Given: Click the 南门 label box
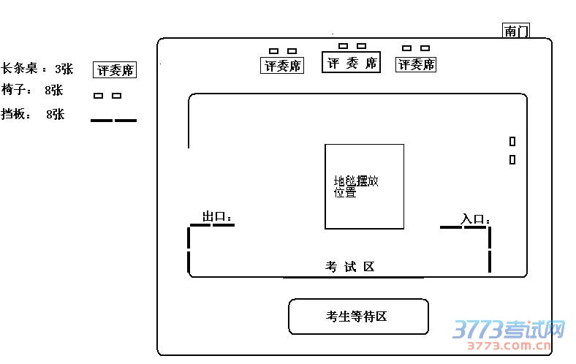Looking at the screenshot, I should [516, 31].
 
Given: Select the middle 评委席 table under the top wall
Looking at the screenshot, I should [352, 63].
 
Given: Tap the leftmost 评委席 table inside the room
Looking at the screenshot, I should [282, 65].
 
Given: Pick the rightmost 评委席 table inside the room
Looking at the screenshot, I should [416, 64].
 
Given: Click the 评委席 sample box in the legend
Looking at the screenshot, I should [115, 70].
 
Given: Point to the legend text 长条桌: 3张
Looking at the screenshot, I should [37, 69].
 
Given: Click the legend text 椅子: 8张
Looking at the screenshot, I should [32, 91].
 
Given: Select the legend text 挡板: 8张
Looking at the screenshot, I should [33, 114].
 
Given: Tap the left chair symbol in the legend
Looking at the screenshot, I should [98, 96].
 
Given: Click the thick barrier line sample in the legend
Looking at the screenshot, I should [113, 120].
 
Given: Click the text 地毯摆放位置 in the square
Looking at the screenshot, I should [356, 186].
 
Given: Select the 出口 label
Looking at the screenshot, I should [217, 217].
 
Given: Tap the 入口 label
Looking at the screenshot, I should [475, 219].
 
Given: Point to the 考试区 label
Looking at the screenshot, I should [350, 267].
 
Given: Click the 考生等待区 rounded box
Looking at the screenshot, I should [358, 316].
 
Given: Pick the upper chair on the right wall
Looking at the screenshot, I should [512, 141].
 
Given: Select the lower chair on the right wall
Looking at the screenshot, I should [512, 159].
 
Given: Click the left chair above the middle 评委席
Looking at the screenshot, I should [343, 46].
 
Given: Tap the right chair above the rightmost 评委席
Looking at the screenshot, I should [425, 48].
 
